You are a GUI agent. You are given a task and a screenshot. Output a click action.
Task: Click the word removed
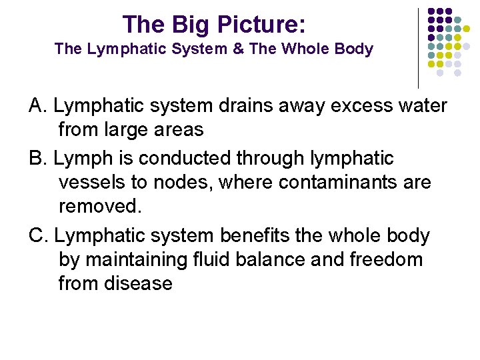pyautogui.click(x=100, y=205)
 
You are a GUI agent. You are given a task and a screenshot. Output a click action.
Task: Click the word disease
pyautogui.click(x=139, y=283)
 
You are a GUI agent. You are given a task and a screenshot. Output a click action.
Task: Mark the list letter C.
pyautogui.click(x=36, y=235)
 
